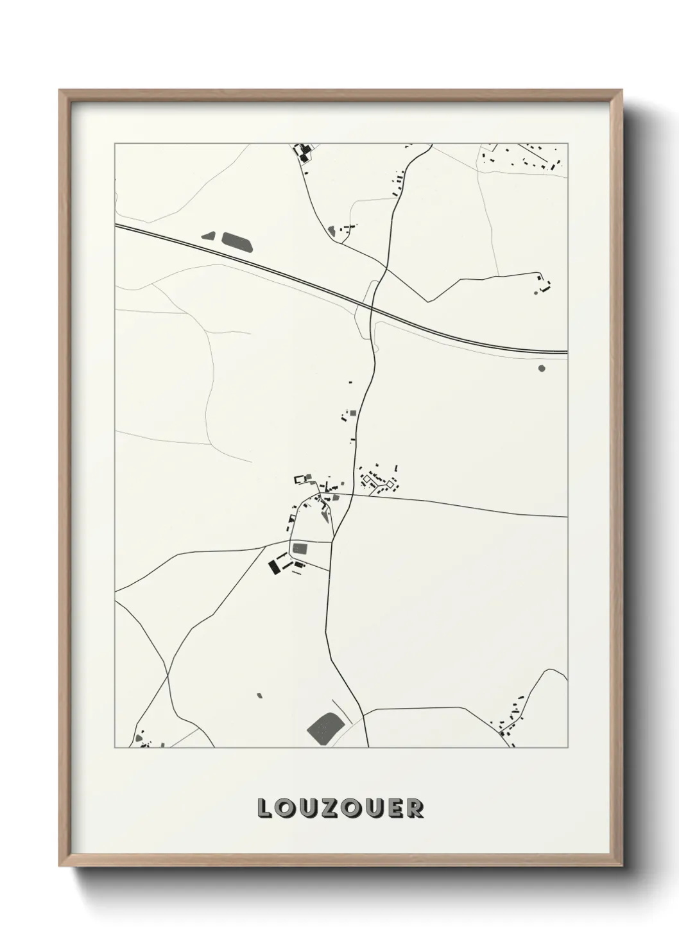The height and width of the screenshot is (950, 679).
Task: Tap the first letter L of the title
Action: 264,808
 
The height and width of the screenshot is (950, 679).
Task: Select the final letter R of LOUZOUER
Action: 415,808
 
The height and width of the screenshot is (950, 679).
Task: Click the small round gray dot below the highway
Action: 541,368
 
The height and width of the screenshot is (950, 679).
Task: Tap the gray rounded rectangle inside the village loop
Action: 300,549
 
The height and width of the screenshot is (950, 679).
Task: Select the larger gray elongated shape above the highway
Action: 237,242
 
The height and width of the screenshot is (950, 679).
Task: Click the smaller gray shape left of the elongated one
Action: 209,236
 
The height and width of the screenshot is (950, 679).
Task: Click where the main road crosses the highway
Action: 372,309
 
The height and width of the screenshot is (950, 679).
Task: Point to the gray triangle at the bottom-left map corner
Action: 139,739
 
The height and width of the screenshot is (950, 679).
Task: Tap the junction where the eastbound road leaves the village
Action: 352,495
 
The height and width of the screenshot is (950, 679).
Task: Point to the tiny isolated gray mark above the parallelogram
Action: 259,695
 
